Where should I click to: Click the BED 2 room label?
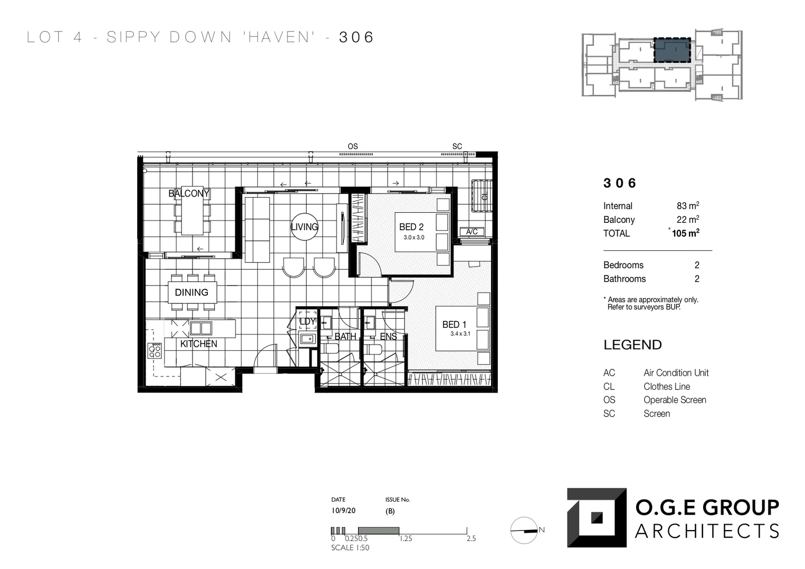click(411, 227)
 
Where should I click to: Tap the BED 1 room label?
click(454, 325)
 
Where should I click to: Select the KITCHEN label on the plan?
click(198, 344)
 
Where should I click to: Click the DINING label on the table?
click(191, 292)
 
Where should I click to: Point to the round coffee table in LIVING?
click(304, 227)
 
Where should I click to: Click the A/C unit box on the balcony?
click(472, 232)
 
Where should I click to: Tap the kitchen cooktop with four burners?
click(155, 351)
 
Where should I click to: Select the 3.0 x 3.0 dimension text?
click(414, 238)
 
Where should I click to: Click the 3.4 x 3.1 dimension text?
click(460, 334)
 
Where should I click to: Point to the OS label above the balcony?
click(352, 146)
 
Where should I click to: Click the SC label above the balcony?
click(457, 146)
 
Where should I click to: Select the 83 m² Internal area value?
click(687, 206)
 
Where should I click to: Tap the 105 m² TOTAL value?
click(685, 233)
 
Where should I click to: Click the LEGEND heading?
click(632, 345)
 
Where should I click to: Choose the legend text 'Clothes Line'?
click(666, 387)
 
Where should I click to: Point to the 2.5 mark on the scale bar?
click(471, 538)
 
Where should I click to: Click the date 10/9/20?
click(343, 511)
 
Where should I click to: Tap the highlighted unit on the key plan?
click(672, 50)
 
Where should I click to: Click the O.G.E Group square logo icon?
click(597, 517)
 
